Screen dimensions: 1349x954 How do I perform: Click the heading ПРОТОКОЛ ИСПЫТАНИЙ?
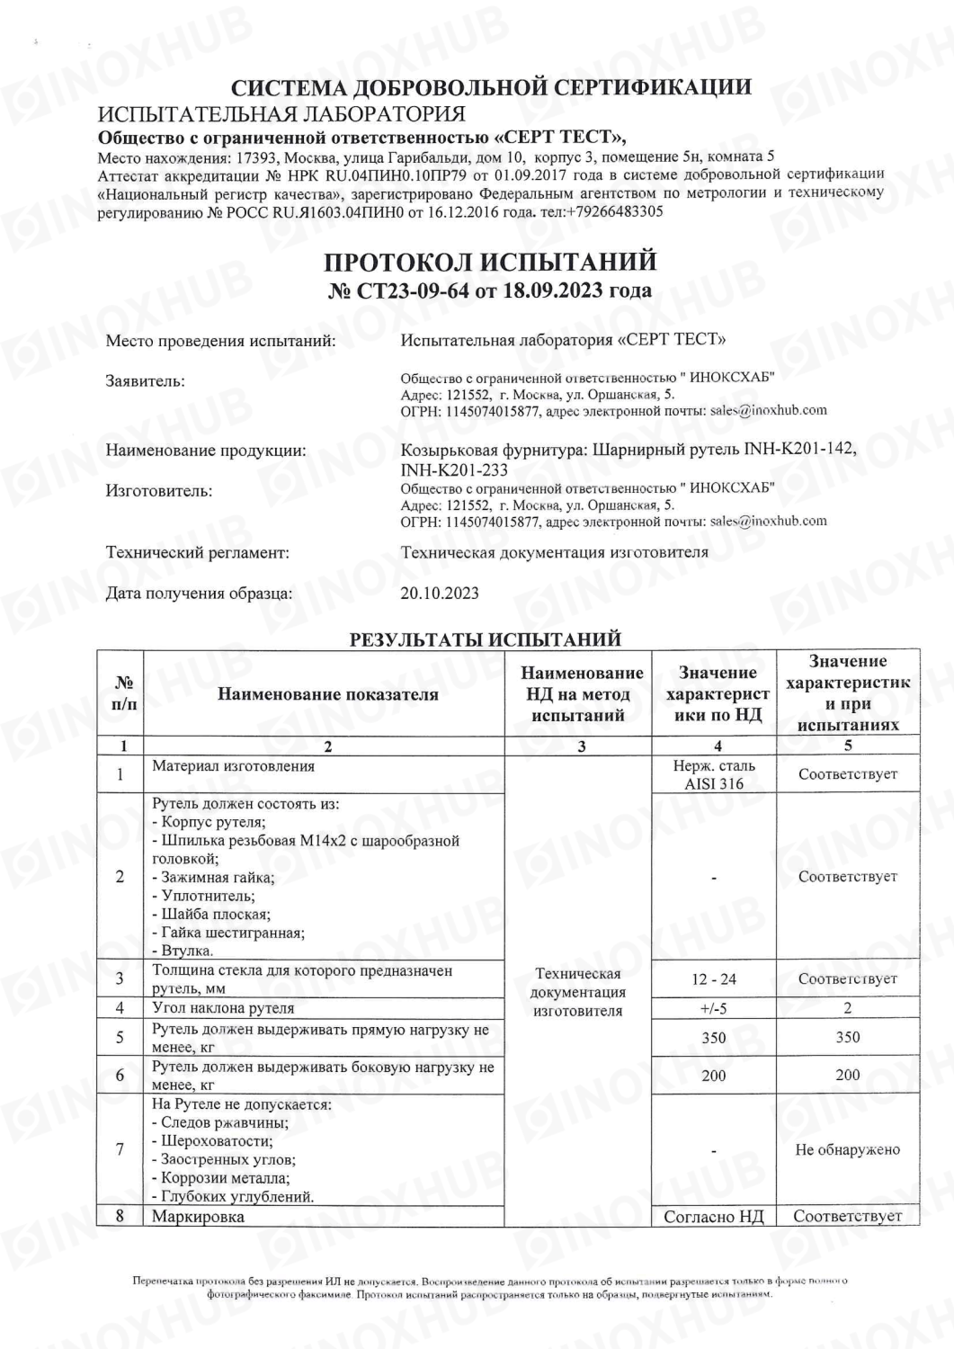point(490,262)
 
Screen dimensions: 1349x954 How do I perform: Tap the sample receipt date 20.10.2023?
point(440,593)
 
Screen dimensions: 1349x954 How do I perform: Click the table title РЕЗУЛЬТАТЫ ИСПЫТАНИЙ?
point(485,639)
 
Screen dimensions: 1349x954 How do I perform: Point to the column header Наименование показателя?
point(328,693)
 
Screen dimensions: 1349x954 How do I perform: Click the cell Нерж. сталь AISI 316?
point(714,774)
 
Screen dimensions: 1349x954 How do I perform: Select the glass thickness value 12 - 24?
point(714,978)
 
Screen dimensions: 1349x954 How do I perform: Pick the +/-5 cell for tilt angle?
point(714,1008)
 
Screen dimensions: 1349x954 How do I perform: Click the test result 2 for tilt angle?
point(848,1008)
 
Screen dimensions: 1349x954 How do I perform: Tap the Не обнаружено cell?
point(848,1149)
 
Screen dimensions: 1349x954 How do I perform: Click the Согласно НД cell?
point(714,1217)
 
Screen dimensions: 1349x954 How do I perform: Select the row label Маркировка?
point(199,1217)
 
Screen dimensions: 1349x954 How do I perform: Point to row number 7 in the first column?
point(120,1149)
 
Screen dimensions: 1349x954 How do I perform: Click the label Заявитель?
point(146,381)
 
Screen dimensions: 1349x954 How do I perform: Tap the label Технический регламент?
point(198,552)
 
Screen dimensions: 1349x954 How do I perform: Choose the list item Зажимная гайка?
point(214,878)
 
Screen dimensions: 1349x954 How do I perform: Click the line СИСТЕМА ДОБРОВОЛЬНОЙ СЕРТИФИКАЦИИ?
point(491,87)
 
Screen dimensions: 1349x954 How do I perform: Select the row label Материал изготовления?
point(234,766)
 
